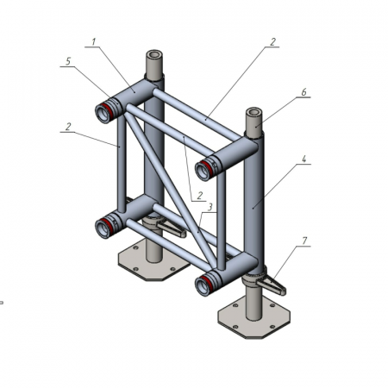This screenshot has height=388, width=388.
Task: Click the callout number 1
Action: click(93, 42)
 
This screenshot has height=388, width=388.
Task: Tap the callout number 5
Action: click(68, 61)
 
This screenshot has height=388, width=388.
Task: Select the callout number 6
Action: click(304, 92)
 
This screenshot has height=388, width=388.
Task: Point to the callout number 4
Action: click(304, 159)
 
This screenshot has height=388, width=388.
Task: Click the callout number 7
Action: click(304, 241)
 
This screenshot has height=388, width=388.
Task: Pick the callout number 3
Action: click(210, 207)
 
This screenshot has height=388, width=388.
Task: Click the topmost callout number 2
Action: click(272, 42)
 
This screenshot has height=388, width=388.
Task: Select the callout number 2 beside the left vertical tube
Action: click(68, 127)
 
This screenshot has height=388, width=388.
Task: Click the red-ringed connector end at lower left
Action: click(105, 227)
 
